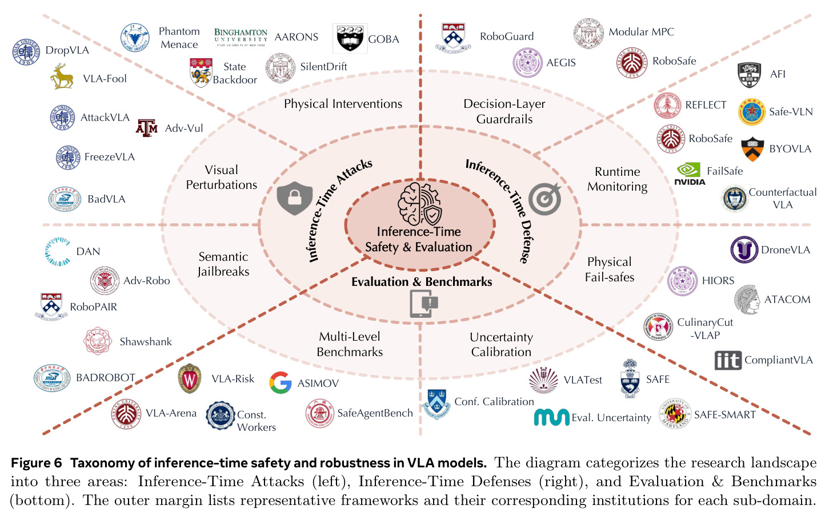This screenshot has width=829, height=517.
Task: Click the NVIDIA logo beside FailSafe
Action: coord(690,173)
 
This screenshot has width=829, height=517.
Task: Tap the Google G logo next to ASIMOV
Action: coord(280,382)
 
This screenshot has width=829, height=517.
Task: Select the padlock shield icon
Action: coord(295,198)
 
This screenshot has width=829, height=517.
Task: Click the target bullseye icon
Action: coord(545,199)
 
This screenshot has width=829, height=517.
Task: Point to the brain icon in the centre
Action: coord(420,204)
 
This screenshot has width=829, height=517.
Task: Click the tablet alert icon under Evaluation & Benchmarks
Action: coord(424,304)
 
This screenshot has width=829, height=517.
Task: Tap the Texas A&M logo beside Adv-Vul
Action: coord(147,128)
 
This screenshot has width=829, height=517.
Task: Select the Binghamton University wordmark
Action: coord(241,37)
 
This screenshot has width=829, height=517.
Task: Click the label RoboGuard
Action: coord(507,36)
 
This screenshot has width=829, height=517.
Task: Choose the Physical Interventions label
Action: coord(343,104)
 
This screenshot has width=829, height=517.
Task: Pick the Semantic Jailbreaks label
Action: coord(223,264)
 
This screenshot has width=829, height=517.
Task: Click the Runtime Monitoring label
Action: coord(617,179)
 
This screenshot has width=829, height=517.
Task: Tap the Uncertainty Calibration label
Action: coord(502,345)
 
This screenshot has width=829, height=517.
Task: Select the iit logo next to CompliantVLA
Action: coord(728,360)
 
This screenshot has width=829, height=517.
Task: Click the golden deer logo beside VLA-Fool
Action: coord(62,76)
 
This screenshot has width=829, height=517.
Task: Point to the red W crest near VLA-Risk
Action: coord(190,378)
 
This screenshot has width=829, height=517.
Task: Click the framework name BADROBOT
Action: coord(106,377)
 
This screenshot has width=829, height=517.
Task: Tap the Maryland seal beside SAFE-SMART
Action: coord(675,414)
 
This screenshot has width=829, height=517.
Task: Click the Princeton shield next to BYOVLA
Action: coord(752,149)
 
